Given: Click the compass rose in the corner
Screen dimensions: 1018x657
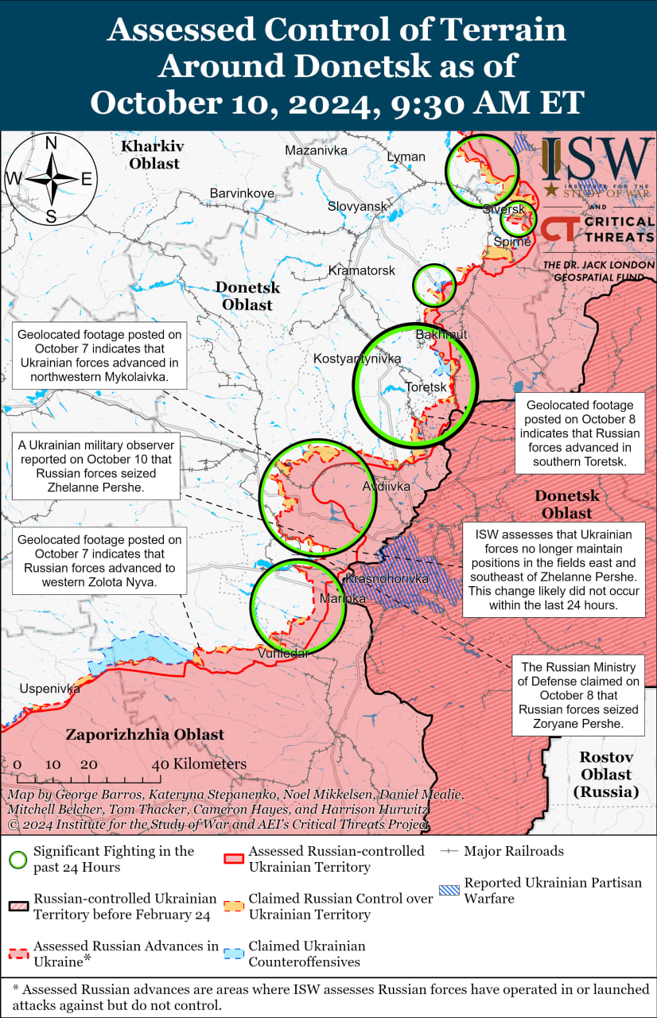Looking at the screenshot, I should click(x=50, y=179).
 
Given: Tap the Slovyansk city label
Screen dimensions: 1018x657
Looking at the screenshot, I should click(x=357, y=207).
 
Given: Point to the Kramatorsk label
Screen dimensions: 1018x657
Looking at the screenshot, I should click(x=362, y=271).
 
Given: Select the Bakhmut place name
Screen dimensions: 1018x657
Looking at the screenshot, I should click(x=441, y=335).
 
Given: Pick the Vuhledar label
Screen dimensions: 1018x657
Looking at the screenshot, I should click(x=283, y=653).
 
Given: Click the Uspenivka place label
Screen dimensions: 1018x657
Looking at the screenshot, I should click(x=49, y=689).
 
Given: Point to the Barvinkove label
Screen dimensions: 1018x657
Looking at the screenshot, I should click(x=242, y=193).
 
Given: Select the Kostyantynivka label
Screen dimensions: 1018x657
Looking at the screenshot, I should click(x=357, y=359).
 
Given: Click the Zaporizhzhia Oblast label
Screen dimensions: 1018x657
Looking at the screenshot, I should click(x=145, y=735).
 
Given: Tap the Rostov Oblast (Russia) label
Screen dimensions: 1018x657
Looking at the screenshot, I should click(x=605, y=775).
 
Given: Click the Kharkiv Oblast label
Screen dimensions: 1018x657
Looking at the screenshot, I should click(x=151, y=155).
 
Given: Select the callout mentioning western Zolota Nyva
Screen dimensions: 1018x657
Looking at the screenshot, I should click(x=99, y=561).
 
